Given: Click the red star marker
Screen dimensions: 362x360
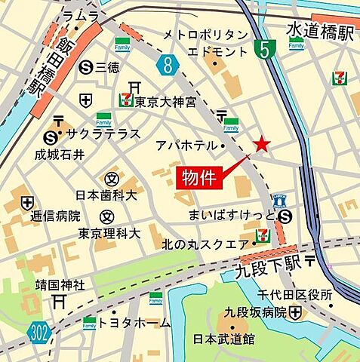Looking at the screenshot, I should coord(261,143).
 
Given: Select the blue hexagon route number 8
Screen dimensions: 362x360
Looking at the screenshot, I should coord(168,66).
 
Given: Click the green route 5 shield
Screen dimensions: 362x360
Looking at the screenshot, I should coord(263,51).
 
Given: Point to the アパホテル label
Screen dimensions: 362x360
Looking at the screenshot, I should coord(185,145).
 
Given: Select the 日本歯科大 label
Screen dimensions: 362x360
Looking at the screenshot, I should coord(105,195).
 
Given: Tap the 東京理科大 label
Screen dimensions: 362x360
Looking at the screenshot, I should coord(109,234).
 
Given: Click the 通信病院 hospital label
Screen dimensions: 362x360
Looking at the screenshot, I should coord(55,215).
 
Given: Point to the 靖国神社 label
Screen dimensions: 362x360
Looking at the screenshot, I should coord(39,285).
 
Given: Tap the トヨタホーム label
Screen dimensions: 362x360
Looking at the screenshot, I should coord(135,322).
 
